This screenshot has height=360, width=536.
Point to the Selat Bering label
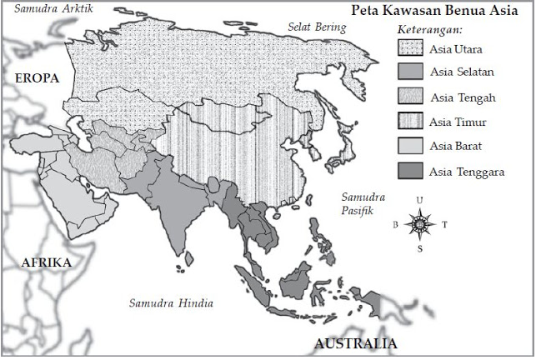317,27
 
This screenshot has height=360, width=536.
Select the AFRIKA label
46,262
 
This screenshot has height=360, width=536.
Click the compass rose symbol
420,223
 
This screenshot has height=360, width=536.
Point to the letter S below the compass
420,248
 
